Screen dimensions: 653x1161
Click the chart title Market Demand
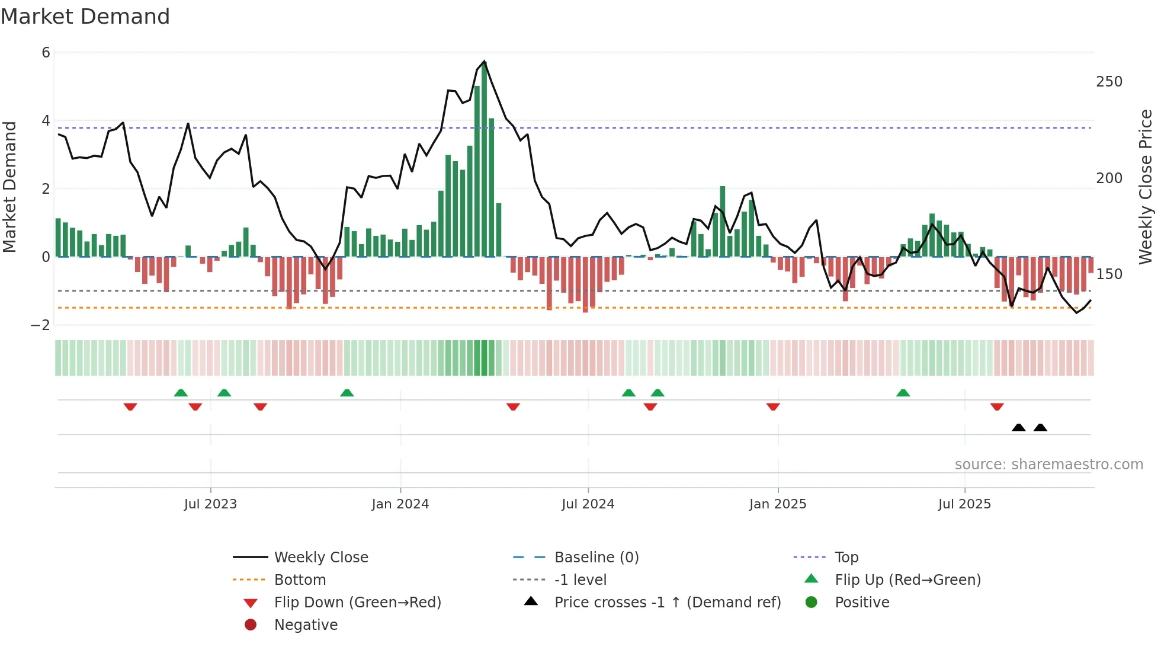(x=85, y=17)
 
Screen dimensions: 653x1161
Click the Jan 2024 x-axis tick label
(x=400, y=504)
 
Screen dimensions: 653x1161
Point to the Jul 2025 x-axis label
(x=964, y=504)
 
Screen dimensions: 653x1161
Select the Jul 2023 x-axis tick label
(x=210, y=504)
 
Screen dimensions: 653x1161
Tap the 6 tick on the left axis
(x=46, y=53)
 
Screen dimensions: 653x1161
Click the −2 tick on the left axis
(x=41, y=325)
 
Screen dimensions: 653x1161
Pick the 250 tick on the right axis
(x=1109, y=82)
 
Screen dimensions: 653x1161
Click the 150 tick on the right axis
(x=1109, y=274)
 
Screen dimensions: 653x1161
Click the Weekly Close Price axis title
(x=1146, y=187)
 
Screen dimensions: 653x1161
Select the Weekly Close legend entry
(x=320, y=558)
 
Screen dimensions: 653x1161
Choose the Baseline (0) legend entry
(x=596, y=558)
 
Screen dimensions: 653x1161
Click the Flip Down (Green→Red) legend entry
(x=357, y=603)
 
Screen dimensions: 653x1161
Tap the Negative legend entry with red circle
(x=306, y=625)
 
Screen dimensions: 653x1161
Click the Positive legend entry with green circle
(x=861, y=603)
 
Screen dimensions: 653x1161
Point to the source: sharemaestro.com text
(x=1048, y=465)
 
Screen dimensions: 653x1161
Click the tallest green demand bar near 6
(x=484, y=160)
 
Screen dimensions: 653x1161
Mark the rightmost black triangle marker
(x=1040, y=427)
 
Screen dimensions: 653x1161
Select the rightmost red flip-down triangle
(x=997, y=406)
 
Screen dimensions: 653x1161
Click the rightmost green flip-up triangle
(x=903, y=393)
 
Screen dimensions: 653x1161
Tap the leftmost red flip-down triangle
(x=130, y=406)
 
